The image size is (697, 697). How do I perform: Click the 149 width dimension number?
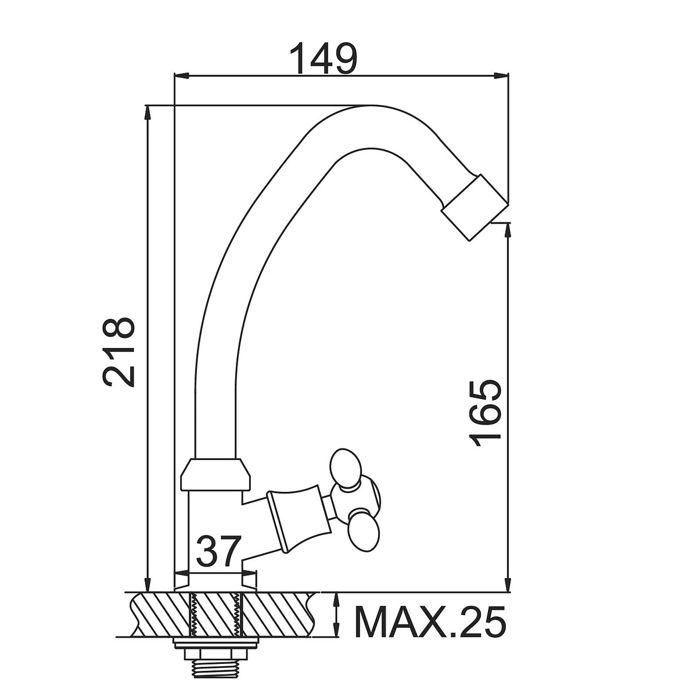point(323,58)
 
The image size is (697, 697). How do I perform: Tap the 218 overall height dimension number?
point(119,353)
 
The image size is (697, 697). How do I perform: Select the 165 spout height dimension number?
point(486,413)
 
